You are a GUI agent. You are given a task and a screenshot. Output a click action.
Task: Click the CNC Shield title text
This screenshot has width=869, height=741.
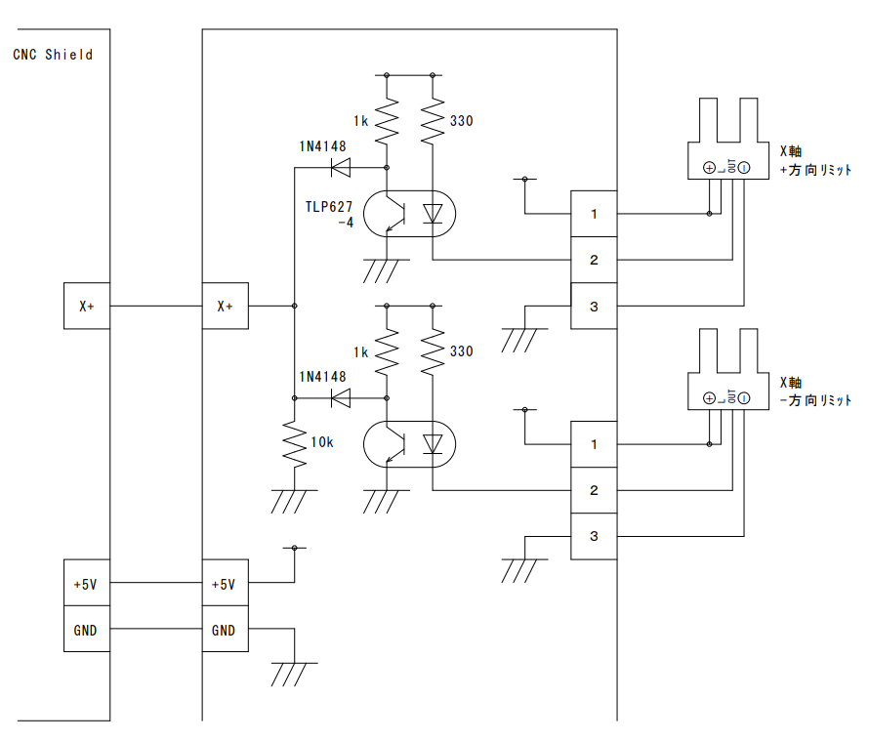(x=53, y=55)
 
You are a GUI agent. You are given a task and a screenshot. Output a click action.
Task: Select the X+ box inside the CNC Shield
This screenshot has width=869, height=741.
(x=86, y=306)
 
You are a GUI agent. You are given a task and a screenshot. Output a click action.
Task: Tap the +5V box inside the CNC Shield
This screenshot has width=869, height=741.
(x=86, y=584)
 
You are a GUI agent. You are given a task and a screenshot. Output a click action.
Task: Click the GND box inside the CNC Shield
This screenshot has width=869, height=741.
(x=86, y=631)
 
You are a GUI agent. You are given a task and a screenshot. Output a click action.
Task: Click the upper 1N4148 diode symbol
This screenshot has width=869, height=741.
(x=342, y=168)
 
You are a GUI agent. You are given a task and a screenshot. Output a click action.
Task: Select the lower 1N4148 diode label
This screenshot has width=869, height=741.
(x=322, y=377)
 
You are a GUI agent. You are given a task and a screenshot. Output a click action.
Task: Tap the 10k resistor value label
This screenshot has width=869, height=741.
(x=322, y=442)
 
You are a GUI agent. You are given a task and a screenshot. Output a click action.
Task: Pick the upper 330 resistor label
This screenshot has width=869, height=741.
(x=461, y=122)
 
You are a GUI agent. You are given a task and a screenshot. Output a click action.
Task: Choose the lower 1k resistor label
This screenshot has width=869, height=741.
(x=360, y=351)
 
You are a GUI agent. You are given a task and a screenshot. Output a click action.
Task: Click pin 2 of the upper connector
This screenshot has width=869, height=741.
(x=594, y=261)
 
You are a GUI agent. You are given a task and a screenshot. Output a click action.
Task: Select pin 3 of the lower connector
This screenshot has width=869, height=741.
(x=594, y=536)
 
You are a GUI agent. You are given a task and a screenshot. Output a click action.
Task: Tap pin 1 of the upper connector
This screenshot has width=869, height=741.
(x=594, y=214)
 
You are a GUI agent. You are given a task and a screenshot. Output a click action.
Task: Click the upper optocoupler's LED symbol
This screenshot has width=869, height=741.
(x=433, y=214)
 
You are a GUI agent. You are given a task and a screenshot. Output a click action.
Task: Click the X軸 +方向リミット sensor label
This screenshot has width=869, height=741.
(x=813, y=160)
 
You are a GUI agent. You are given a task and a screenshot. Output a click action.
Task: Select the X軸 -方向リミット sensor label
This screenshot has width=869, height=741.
(x=813, y=391)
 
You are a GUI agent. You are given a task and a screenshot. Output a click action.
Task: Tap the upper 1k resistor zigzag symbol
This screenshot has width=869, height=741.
(x=388, y=122)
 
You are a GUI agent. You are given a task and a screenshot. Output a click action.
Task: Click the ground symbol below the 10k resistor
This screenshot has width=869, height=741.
(x=294, y=500)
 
